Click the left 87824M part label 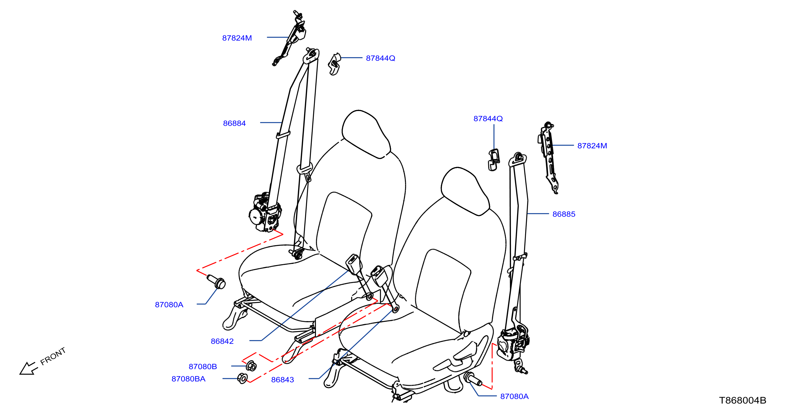[237, 38]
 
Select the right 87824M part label [592, 146]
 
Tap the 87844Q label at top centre [380, 58]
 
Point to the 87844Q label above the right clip [488, 119]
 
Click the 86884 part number [234, 123]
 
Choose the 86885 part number [564, 214]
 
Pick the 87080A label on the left [169, 305]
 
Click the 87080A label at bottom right [514, 396]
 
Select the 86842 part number [222, 341]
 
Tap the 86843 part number [282, 380]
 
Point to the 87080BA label [188, 379]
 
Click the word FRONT [53, 356]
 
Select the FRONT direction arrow [28, 368]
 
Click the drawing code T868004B [743, 400]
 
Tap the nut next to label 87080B [251, 366]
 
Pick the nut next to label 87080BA [242, 378]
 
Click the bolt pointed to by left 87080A [216, 282]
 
